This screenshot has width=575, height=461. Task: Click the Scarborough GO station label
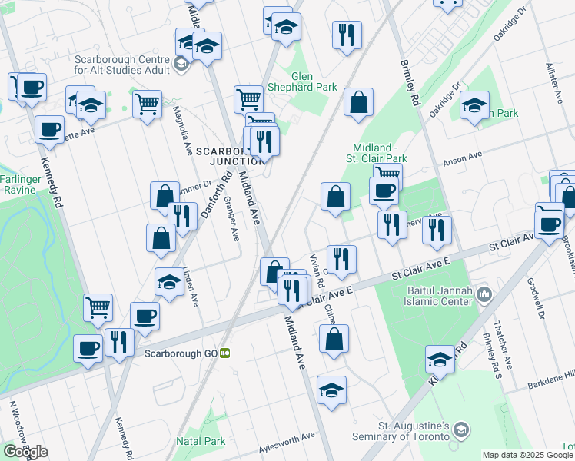click(x=181, y=353)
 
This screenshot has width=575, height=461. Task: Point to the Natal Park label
click(x=201, y=441)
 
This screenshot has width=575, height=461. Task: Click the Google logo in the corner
click(x=25, y=452)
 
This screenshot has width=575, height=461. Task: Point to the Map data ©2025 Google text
click(x=527, y=455)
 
